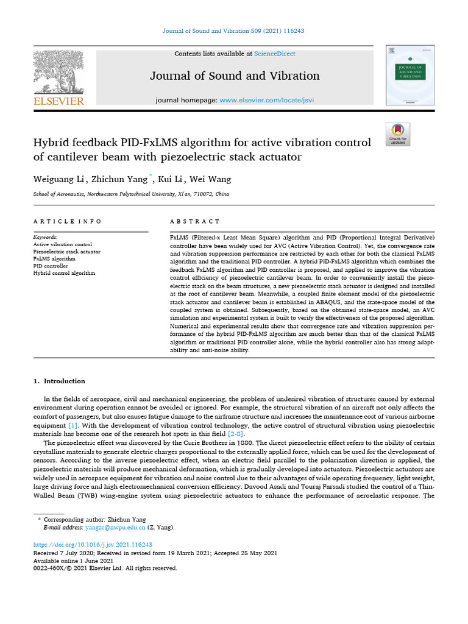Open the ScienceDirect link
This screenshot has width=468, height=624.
point(275,54)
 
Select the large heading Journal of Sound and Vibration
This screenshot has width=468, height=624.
point(235,76)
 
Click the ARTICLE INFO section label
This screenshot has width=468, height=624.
point(68,222)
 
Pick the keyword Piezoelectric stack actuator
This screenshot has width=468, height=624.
point(67,252)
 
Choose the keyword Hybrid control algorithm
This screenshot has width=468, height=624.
point(64,274)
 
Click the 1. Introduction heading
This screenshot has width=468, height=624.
point(59,381)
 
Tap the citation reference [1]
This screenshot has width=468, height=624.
point(73,424)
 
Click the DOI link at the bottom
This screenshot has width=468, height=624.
point(92,545)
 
